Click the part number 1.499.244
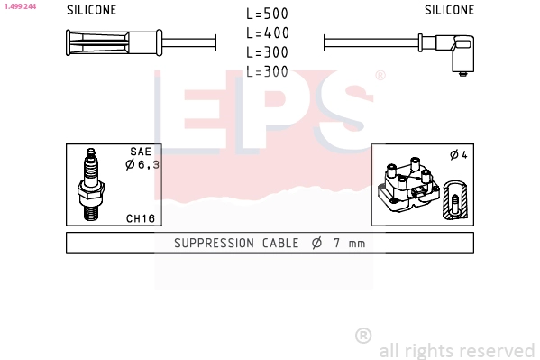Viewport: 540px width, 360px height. (x=20, y=6)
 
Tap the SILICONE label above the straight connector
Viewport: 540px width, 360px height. (x=92, y=10)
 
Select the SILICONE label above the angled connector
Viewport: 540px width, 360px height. (x=450, y=10)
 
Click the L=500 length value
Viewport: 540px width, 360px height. (x=267, y=14)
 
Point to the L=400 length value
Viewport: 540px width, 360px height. (x=268, y=33)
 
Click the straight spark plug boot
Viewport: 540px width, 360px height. (x=114, y=42)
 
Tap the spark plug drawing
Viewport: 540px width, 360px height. (x=90, y=184)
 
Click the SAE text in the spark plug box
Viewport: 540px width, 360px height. (x=141, y=152)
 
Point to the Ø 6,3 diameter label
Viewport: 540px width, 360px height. (x=142, y=164)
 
